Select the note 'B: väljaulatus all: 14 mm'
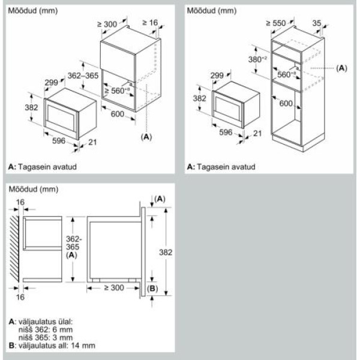click(x=52, y=346)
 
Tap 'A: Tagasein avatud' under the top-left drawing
click(x=43, y=166)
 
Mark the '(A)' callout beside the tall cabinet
click(x=341, y=68)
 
